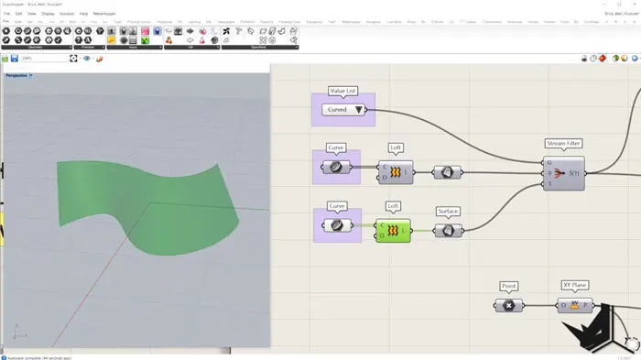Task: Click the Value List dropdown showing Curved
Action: click(x=343, y=110)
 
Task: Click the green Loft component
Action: click(x=393, y=230)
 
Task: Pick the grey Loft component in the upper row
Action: click(x=395, y=171)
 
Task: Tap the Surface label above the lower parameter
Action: click(x=448, y=212)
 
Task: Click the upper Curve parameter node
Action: click(x=336, y=168)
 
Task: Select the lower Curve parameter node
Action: click(x=337, y=225)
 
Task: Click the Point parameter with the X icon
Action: click(x=509, y=305)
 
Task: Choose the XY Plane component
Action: click(x=575, y=305)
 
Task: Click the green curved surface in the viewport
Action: click(x=147, y=202)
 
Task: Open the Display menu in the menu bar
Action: click(x=48, y=14)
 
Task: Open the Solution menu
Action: click(x=67, y=14)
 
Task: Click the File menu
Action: click(x=7, y=14)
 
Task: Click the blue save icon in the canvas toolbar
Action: click(x=15, y=59)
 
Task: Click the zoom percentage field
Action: click(x=41, y=59)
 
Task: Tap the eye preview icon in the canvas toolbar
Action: click(x=87, y=59)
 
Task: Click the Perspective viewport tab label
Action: click(x=16, y=75)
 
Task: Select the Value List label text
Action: click(x=343, y=92)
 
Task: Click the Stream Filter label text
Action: click(x=563, y=144)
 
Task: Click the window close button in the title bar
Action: click(x=632, y=4)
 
